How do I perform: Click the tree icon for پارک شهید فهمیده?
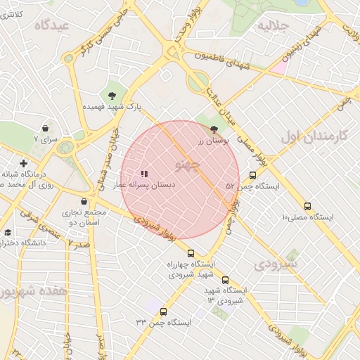click(112, 95)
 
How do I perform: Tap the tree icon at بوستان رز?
click(214, 129)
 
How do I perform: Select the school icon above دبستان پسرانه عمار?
click(144, 174)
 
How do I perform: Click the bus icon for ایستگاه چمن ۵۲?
click(252, 175)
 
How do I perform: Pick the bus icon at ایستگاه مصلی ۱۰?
click(308, 206)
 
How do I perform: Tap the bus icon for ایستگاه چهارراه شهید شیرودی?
click(191, 253)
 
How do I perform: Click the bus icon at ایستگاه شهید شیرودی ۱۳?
click(225, 280)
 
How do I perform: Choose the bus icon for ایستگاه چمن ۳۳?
click(164, 311)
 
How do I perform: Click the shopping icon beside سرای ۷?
click(46, 129)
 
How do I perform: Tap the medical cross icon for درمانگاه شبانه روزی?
click(23, 163)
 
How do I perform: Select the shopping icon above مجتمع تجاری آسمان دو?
click(84, 201)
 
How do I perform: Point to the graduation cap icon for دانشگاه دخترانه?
click(8, 232)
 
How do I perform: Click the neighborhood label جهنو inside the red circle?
click(186, 166)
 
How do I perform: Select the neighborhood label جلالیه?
click(273, 26)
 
